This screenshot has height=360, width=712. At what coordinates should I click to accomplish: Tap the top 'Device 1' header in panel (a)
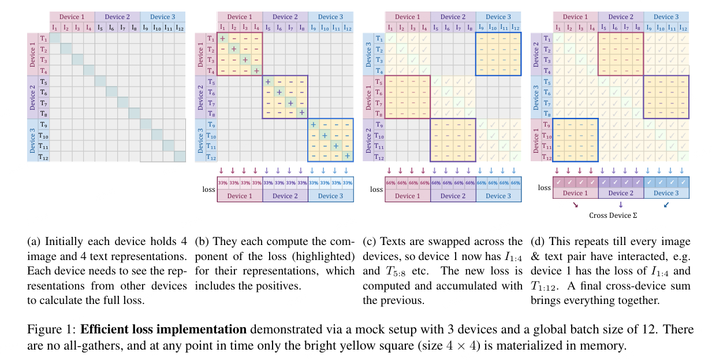(72, 17)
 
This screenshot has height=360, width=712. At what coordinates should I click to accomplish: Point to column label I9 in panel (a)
(146, 27)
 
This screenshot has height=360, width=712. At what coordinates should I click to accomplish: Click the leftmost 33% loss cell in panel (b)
(222, 183)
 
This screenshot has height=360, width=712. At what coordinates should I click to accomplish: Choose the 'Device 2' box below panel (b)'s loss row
(285, 196)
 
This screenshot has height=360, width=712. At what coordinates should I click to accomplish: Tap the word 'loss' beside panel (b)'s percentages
(209, 189)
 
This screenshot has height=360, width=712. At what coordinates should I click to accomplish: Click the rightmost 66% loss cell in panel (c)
(516, 183)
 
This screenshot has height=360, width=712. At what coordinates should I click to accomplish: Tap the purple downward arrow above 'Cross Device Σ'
(621, 204)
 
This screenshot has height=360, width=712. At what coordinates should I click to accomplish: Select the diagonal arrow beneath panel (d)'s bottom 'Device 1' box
(575, 204)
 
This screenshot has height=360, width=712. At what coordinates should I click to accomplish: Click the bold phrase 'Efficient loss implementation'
(163, 330)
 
